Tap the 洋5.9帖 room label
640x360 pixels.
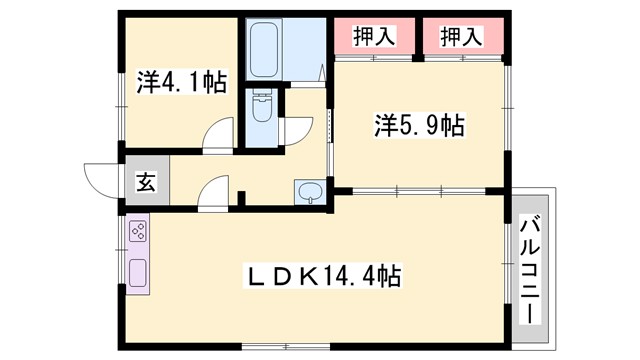tap(404, 127)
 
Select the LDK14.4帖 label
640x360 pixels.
tap(325, 275)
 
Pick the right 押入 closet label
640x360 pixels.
tap(461, 37)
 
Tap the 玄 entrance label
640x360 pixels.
tap(145, 183)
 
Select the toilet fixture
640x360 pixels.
tap(260, 107)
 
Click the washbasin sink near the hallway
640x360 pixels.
tap(310, 191)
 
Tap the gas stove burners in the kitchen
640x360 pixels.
tap(137, 235)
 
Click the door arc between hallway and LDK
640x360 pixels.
tap(214, 192)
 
